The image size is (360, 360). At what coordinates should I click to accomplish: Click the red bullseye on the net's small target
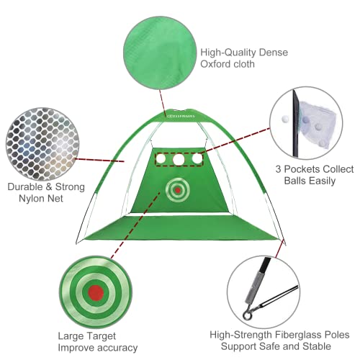176,191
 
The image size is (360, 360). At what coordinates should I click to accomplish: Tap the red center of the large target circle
94,292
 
